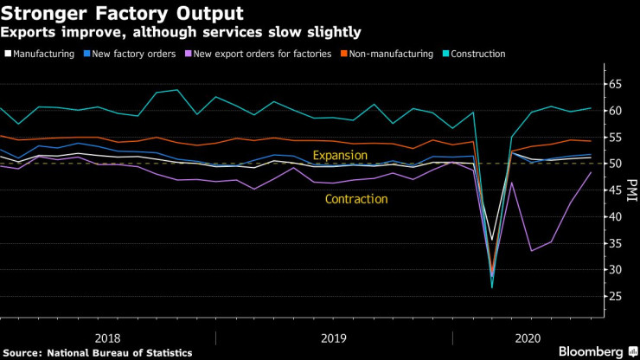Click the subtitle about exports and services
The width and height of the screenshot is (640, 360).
tap(181, 32)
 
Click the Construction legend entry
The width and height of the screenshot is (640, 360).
tap(478, 54)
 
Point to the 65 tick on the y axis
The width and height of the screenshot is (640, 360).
tap(616, 85)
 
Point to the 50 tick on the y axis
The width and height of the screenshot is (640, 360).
tap(616, 164)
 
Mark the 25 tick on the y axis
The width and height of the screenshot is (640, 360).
tap(616, 297)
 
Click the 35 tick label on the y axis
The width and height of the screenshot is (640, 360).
tap(616, 243)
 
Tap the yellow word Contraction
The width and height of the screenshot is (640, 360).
tap(355, 199)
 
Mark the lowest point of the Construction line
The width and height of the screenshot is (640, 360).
tap(491, 286)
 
